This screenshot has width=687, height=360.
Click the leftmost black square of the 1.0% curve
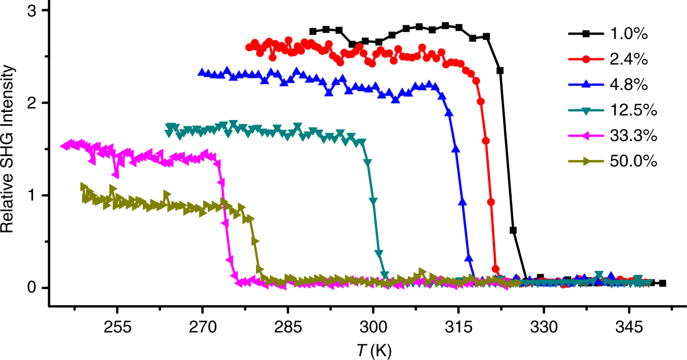tap(313, 31)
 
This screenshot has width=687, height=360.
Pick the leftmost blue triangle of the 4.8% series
tap(202, 72)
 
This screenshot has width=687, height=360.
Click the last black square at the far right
tap(663, 284)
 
